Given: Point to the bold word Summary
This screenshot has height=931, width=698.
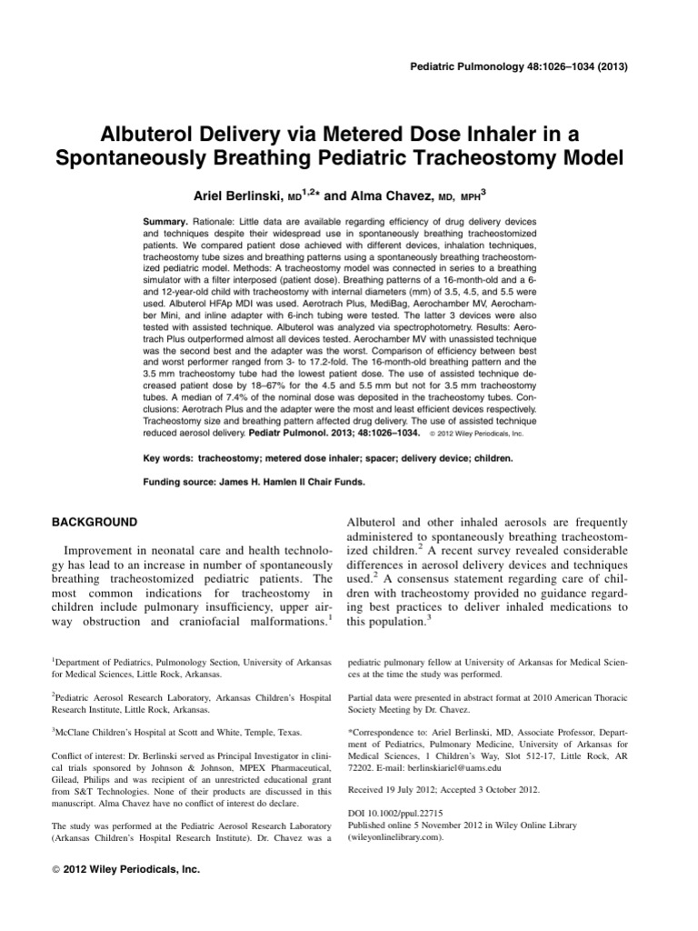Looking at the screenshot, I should [x=166, y=221].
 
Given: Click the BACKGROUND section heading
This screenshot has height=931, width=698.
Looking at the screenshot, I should [x=97, y=523].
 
